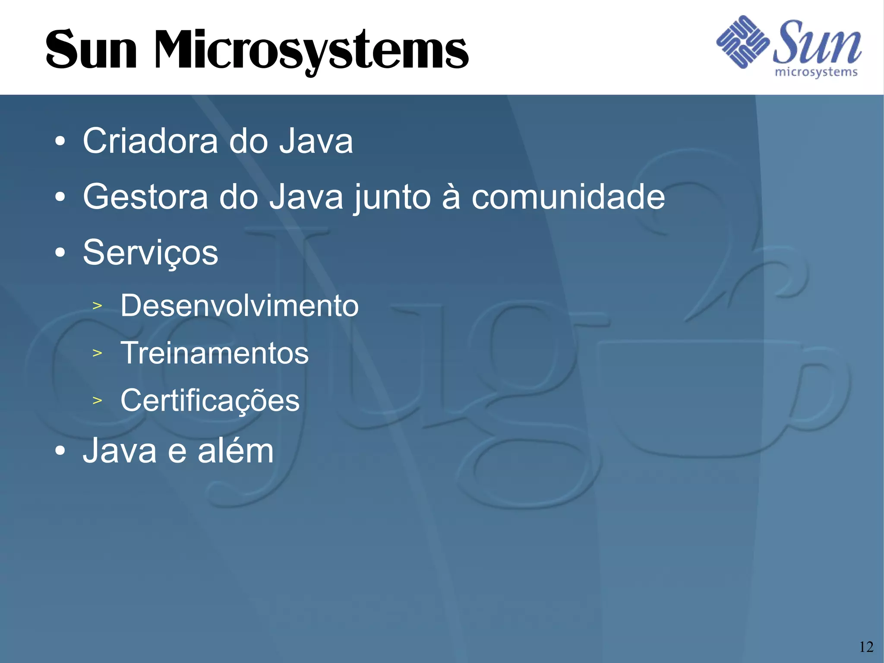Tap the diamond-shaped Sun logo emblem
[x=742, y=42]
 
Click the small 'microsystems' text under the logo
[x=816, y=72]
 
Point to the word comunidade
[x=568, y=197]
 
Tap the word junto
[x=392, y=198]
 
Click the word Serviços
[x=150, y=253]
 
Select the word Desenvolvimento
[x=240, y=306]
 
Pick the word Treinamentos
[x=215, y=353]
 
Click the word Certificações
[x=210, y=401]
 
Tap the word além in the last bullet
[x=236, y=451]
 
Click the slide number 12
[x=866, y=647]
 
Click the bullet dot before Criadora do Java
[x=60, y=141]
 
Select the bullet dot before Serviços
[x=60, y=253]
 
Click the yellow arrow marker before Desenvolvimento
[x=97, y=306]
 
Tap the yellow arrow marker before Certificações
[x=97, y=400]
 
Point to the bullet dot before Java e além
[x=60, y=451]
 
